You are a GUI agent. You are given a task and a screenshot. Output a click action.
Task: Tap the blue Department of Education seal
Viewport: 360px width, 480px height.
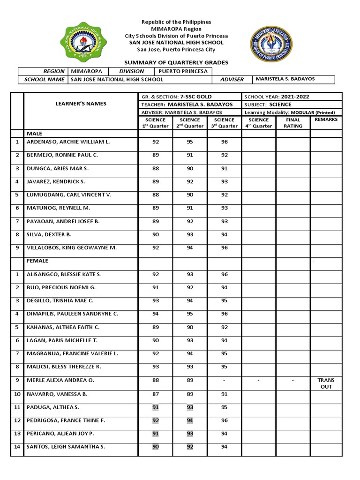pos(271,44)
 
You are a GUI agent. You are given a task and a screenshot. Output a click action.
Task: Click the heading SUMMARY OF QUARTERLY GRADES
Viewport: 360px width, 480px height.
pos(176,62)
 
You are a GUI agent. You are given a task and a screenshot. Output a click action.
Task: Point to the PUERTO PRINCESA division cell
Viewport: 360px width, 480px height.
pos(182,71)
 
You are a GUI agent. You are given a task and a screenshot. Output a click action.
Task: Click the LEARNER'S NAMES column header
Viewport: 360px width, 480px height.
pos(81,104)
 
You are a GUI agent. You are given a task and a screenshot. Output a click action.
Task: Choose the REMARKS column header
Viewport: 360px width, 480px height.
pos(326,120)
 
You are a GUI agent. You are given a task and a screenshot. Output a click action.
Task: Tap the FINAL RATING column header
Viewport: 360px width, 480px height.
pos(292,123)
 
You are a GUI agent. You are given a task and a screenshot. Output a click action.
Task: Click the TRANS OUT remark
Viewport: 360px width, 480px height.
pos(326,383)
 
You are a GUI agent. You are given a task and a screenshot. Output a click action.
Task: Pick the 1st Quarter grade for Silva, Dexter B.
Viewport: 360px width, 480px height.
pos(156,234)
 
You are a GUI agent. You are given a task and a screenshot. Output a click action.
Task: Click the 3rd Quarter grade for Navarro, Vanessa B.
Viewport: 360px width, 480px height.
pos(224,394)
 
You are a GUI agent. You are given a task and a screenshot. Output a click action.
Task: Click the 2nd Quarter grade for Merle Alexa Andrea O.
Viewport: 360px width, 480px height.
pos(190,381)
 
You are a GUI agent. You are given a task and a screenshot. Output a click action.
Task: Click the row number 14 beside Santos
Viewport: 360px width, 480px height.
pos(17,447)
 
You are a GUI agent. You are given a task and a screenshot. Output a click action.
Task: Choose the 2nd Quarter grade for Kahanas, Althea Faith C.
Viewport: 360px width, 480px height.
pos(190,327)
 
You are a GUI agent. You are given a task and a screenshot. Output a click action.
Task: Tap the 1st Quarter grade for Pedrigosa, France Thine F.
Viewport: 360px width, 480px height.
pos(156,420)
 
